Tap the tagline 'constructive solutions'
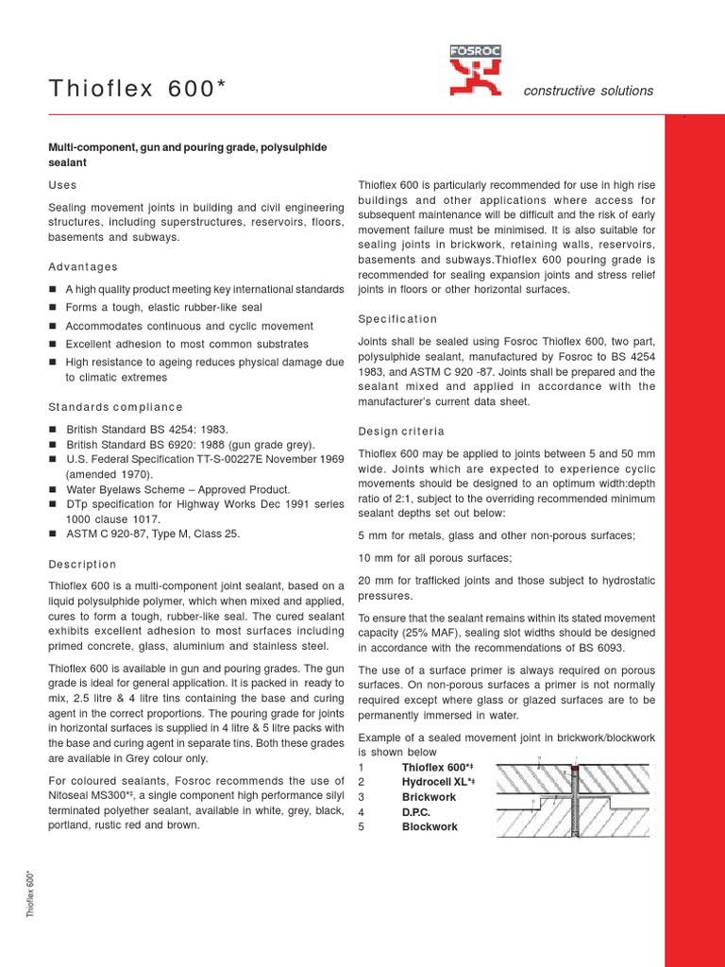(x=588, y=91)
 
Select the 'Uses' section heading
(x=62, y=185)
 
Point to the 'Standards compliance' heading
(x=115, y=407)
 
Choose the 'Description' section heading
(x=82, y=564)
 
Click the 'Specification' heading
(x=397, y=318)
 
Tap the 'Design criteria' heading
(x=401, y=432)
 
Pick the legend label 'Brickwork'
(x=429, y=797)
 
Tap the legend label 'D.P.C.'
(x=416, y=812)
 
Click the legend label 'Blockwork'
(x=430, y=826)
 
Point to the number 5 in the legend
(x=362, y=826)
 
